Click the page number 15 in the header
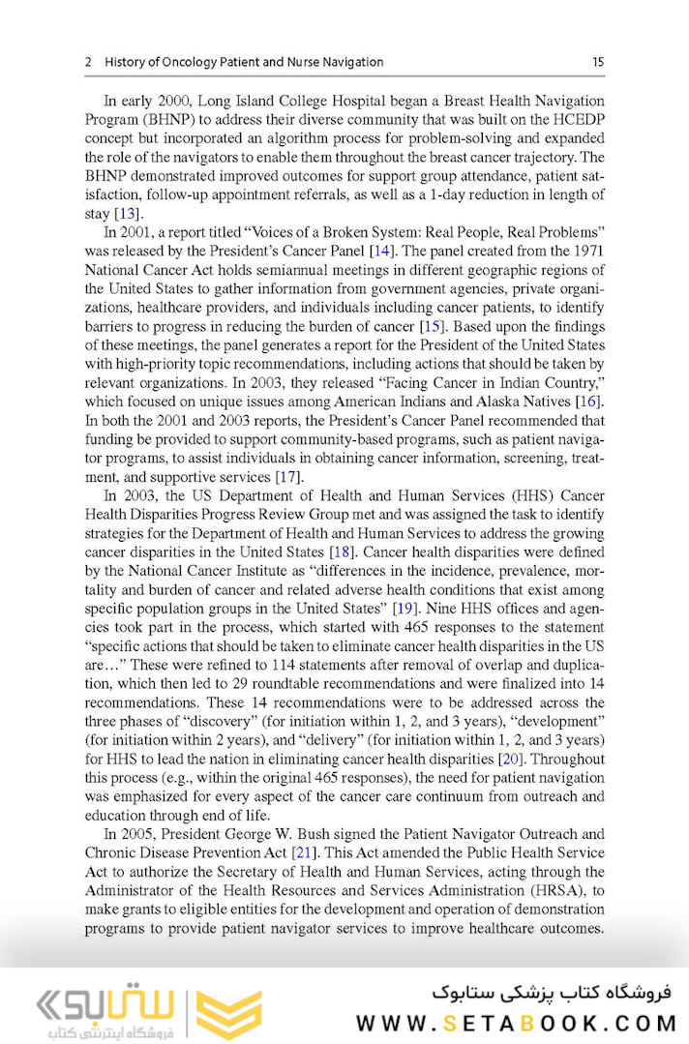point(598,62)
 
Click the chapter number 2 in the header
point(88,62)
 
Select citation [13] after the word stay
point(127,213)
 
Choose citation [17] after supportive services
point(287,477)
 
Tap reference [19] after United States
point(404,608)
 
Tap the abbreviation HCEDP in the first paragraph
point(578,119)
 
